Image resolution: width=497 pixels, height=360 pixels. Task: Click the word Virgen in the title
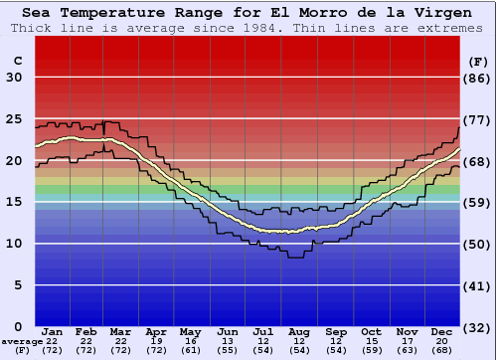pyautogui.click(x=442, y=13)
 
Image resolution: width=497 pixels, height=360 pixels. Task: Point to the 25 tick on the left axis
pyautogui.click(x=14, y=118)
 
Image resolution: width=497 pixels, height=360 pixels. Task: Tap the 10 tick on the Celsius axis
pyautogui.click(x=14, y=244)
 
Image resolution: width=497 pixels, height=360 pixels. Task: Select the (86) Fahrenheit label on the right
pyautogui.click(x=478, y=78)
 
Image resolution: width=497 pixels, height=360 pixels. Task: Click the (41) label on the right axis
pyautogui.click(x=478, y=285)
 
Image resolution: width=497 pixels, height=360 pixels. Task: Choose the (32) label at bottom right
pyautogui.click(x=478, y=327)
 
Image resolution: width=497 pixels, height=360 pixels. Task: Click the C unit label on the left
pyautogui.click(x=17, y=61)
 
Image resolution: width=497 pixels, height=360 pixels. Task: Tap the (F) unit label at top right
pyautogui.click(x=478, y=61)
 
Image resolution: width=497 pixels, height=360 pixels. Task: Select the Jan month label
pyautogui.click(x=54, y=331)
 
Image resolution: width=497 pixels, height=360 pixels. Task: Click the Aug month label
pyautogui.click(x=299, y=331)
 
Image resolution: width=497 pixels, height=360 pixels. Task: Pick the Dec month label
pyautogui.click(x=442, y=331)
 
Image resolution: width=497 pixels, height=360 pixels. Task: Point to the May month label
pyautogui.click(x=191, y=331)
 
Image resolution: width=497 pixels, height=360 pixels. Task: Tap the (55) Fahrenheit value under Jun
pyautogui.click(x=228, y=351)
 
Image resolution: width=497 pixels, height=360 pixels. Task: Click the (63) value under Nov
pyautogui.click(x=407, y=351)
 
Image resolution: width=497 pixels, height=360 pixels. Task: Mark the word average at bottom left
pyautogui.click(x=21, y=341)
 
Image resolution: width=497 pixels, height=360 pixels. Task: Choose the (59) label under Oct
pyautogui.click(x=371, y=351)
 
